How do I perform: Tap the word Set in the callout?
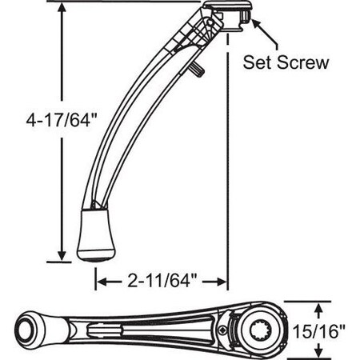(x=261, y=62)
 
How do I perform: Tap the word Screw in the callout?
(x=303, y=62)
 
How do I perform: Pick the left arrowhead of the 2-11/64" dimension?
(x=102, y=281)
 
